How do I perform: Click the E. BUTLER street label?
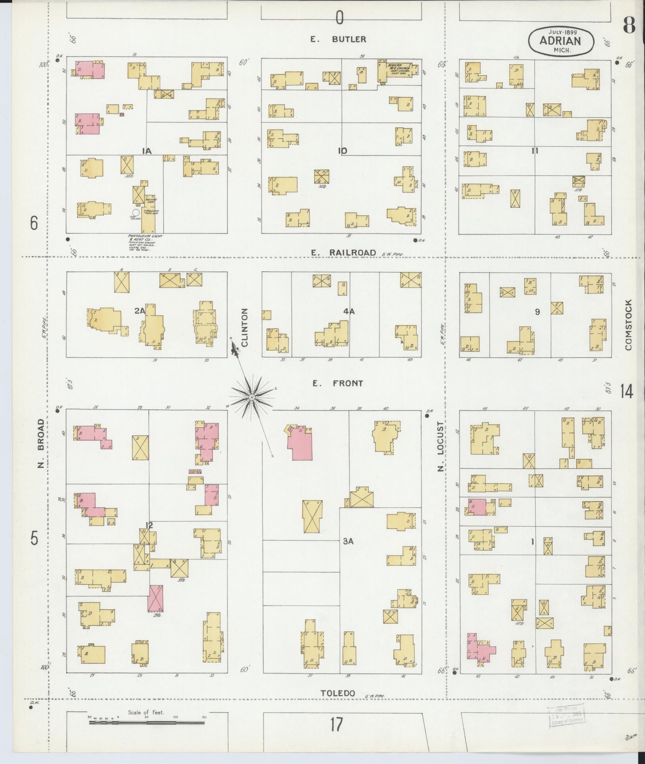pos(338,39)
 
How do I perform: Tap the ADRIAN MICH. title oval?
pos(561,41)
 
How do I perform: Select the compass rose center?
pos(252,396)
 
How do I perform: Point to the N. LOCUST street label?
pos(441,447)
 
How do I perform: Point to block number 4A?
pos(349,312)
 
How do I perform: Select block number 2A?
pos(139,312)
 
